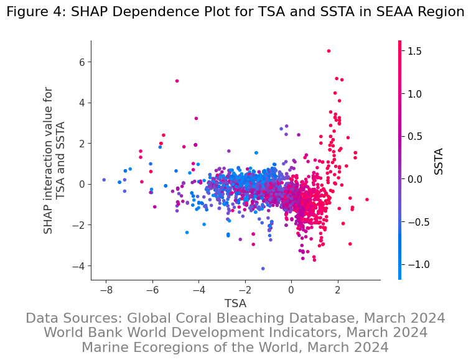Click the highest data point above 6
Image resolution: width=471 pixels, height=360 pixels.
click(329, 51)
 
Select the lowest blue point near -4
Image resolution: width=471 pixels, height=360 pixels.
click(263, 269)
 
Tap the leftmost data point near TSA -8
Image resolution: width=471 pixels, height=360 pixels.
click(104, 180)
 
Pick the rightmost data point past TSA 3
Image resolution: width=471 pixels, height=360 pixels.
click(367, 200)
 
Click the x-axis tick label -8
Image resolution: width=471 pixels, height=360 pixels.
click(106, 290)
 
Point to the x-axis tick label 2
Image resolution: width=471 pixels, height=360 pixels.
click(337, 290)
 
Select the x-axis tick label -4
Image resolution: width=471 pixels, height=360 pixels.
click(198, 290)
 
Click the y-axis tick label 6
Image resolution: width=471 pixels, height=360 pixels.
click(82, 62)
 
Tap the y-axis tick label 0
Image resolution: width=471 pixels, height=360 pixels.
click(82, 184)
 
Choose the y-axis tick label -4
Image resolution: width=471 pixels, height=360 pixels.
click(78, 265)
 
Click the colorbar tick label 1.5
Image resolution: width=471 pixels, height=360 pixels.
click(415, 51)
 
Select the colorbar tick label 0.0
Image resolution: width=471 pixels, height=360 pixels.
click(415, 179)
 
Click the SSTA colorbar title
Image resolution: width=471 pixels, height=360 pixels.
click(439, 161)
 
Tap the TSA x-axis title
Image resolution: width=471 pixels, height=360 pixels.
click(235, 303)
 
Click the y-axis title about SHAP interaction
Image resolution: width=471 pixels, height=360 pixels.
click(55, 160)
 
